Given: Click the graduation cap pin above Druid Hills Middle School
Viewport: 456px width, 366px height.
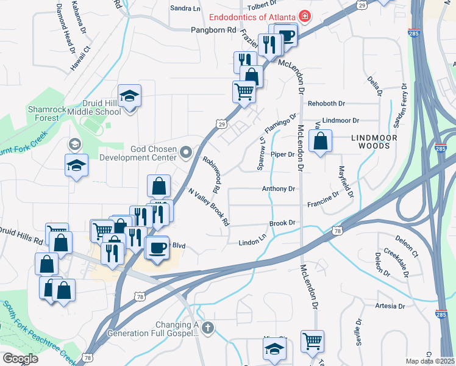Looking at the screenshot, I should click(x=129, y=96).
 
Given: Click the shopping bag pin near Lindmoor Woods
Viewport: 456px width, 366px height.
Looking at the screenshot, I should click(x=320, y=142).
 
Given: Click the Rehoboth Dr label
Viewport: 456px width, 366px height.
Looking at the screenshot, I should click(x=326, y=104).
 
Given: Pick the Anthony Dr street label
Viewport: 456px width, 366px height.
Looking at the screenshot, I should click(x=278, y=189).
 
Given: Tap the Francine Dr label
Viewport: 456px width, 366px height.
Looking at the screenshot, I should click(x=322, y=198).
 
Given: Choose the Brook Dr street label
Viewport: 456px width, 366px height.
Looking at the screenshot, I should click(x=282, y=224).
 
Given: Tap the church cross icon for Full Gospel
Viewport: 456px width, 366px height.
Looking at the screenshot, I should click(x=207, y=328).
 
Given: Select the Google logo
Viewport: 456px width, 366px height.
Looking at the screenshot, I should click(x=20, y=358).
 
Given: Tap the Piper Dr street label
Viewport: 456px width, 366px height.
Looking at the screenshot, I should click(x=282, y=154).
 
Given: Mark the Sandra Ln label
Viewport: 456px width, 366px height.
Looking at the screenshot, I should click(x=185, y=9).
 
